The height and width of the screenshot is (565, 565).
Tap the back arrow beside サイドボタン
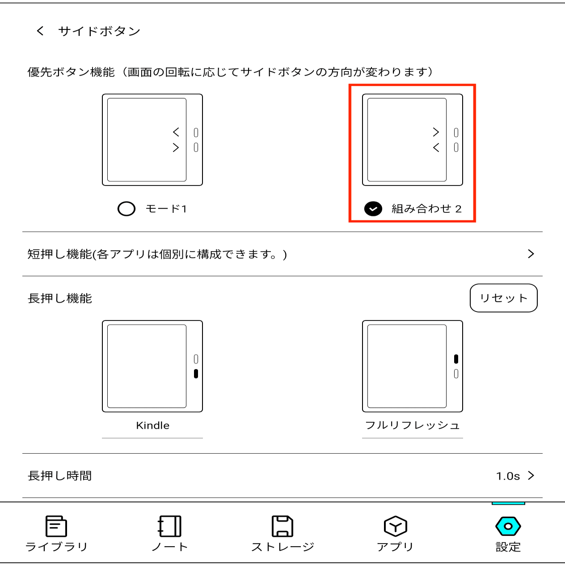click(x=40, y=31)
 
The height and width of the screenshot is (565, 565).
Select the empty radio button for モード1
click(x=126, y=209)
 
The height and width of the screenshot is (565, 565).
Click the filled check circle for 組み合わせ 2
click(x=373, y=209)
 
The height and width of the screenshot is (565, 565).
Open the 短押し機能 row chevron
click(x=531, y=254)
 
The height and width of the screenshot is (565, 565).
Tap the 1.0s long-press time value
click(x=508, y=476)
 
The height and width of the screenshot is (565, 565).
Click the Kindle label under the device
click(x=152, y=426)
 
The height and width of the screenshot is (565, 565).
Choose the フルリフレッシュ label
click(x=412, y=426)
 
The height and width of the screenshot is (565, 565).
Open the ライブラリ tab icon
click(x=56, y=526)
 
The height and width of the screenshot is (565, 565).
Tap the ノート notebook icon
click(x=169, y=526)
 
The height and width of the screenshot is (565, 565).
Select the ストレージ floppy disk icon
click(x=282, y=526)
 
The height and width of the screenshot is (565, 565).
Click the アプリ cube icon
click(x=395, y=526)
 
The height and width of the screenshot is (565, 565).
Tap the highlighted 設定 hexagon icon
click(x=508, y=526)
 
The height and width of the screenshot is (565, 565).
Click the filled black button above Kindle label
click(x=196, y=374)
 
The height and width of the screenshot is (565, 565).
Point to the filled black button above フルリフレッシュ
click(x=456, y=359)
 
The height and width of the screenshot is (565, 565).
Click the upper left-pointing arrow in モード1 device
click(x=176, y=132)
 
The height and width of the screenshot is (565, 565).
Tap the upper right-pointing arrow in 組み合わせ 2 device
click(x=436, y=132)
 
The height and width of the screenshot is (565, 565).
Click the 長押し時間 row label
click(x=60, y=476)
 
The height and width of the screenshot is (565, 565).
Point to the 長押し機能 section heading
click(x=60, y=298)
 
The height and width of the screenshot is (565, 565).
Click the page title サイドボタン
click(x=99, y=31)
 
